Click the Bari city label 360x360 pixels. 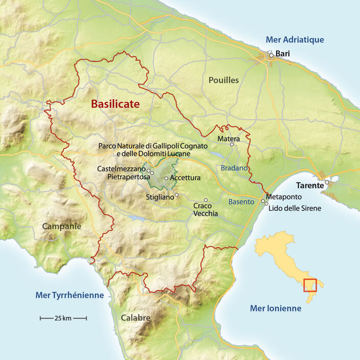click(x=283, y=53)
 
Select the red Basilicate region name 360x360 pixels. click(x=115, y=104)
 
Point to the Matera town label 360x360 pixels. click(x=229, y=139)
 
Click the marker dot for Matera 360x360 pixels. click(x=232, y=145)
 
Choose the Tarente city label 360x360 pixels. click(x=311, y=185)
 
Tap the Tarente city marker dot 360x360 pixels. click(x=326, y=182)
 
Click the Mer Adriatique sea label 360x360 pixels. click(x=295, y=40)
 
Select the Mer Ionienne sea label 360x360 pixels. click(x=276, y=308)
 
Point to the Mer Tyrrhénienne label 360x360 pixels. click(x=70, y=295)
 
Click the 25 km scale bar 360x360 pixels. click(x=63, y=318)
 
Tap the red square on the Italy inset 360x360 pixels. click(x=310, y=285)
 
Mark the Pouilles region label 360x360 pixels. click(x=223, y=80)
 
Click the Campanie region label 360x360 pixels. click(x=61, y=226)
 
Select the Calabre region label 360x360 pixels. click(x=136, y=318)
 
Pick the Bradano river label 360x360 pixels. click(x=234, y=168)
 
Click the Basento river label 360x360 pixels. click(x=241, y=202)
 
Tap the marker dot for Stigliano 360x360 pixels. click(x=177, y=195)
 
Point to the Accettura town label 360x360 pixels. click(x=186, y=178)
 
